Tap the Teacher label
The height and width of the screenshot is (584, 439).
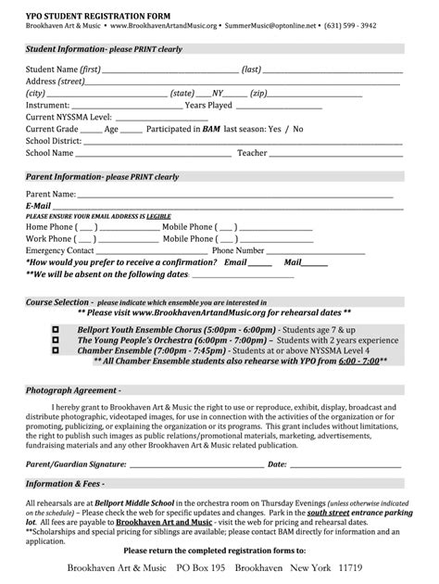click(252, 153)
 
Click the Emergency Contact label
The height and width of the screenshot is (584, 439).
click(60, 250)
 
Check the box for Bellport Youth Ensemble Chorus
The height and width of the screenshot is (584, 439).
click(56, 329)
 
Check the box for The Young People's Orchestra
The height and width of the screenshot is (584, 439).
click(56, 340)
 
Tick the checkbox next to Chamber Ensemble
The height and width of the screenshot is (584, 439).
click(56, 350)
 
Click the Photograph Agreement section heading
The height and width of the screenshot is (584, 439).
click(66, 390)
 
